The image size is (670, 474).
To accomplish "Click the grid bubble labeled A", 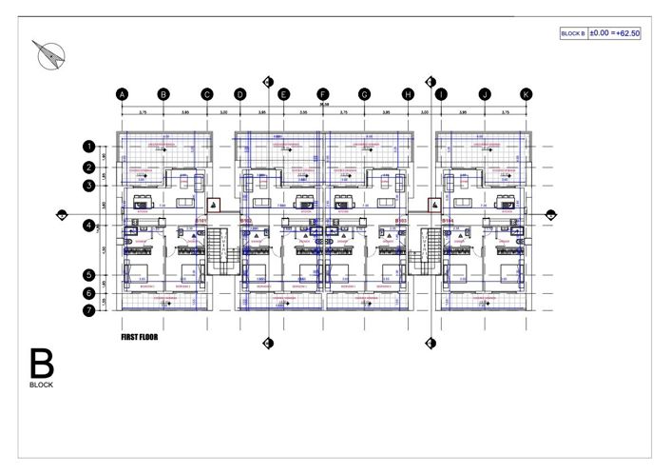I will (122, 94).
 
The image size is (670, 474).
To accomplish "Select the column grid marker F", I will (323, 94).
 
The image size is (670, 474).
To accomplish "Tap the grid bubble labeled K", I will (526, 94).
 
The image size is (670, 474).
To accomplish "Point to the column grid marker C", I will (206, 94).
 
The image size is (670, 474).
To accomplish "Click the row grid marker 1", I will (88, 148).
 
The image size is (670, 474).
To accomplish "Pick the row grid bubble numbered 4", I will (88, 226).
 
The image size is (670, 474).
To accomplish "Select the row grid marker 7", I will (88, 309).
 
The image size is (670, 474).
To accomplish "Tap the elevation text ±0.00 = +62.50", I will (615, 32).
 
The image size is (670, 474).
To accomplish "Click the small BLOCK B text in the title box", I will (573, 33).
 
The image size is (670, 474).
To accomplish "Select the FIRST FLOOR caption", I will (140, 337).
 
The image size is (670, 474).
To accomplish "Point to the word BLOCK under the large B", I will (41, 386).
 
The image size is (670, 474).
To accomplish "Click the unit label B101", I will (201, 221).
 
